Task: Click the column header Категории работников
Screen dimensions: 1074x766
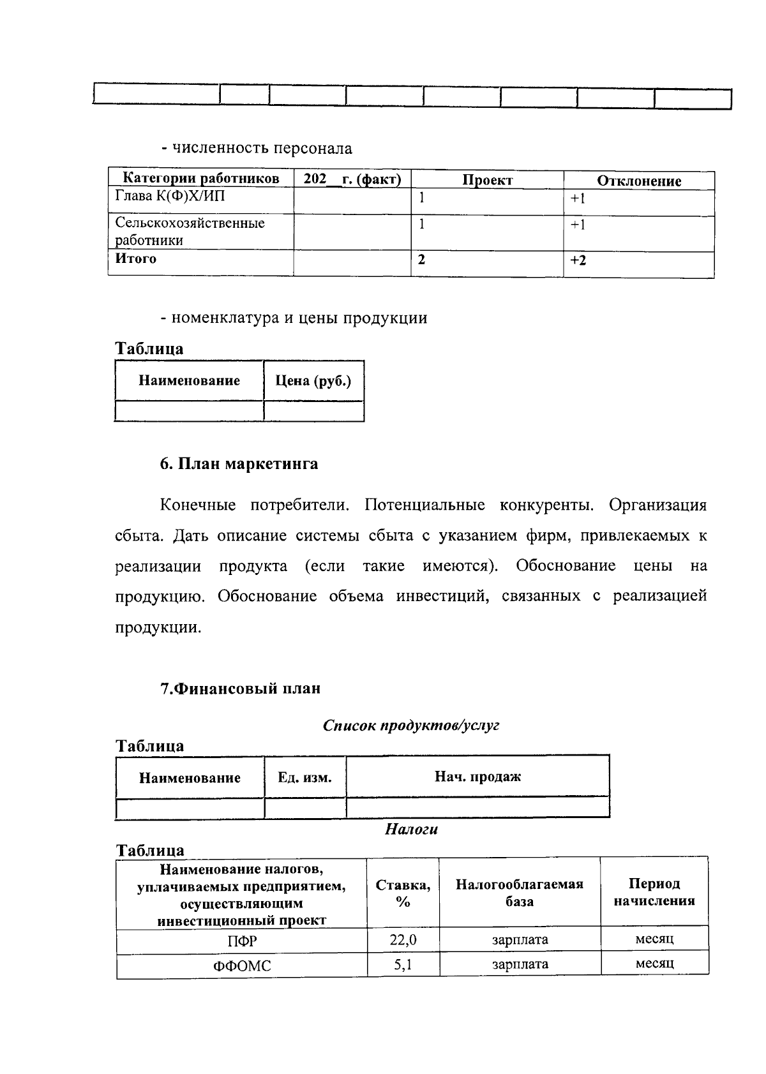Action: [x=200, y=179]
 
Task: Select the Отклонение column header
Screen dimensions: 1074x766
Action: [x=638, y=181]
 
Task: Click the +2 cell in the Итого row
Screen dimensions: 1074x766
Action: [x=578, y=260]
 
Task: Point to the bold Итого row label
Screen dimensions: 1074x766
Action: [x=135, y=258]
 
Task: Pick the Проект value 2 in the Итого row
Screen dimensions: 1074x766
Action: [x=421, y=259]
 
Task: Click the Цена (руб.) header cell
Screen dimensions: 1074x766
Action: [x=313, y=381]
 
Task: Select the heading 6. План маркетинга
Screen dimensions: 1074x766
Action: [x=239, y=464]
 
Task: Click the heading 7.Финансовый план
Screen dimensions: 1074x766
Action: [x=240, y=689]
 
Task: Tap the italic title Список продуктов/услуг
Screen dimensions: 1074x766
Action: [x=410, y=726]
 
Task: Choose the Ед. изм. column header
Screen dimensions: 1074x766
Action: [x=304, y=777]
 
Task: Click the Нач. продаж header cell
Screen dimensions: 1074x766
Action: [x=477, y=776]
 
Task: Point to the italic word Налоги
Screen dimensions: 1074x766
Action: [x=411, y=830]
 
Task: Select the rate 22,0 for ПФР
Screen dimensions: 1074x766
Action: [x=403, y=939]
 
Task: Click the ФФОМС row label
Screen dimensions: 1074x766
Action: [x=242, y=966]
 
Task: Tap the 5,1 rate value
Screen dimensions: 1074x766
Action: [x=403, y=964]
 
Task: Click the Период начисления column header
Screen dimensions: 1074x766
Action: [x=654, y=892]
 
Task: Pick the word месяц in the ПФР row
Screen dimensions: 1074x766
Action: [x=654, y=939]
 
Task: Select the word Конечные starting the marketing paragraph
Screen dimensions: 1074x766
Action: [x=197, y=505]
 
